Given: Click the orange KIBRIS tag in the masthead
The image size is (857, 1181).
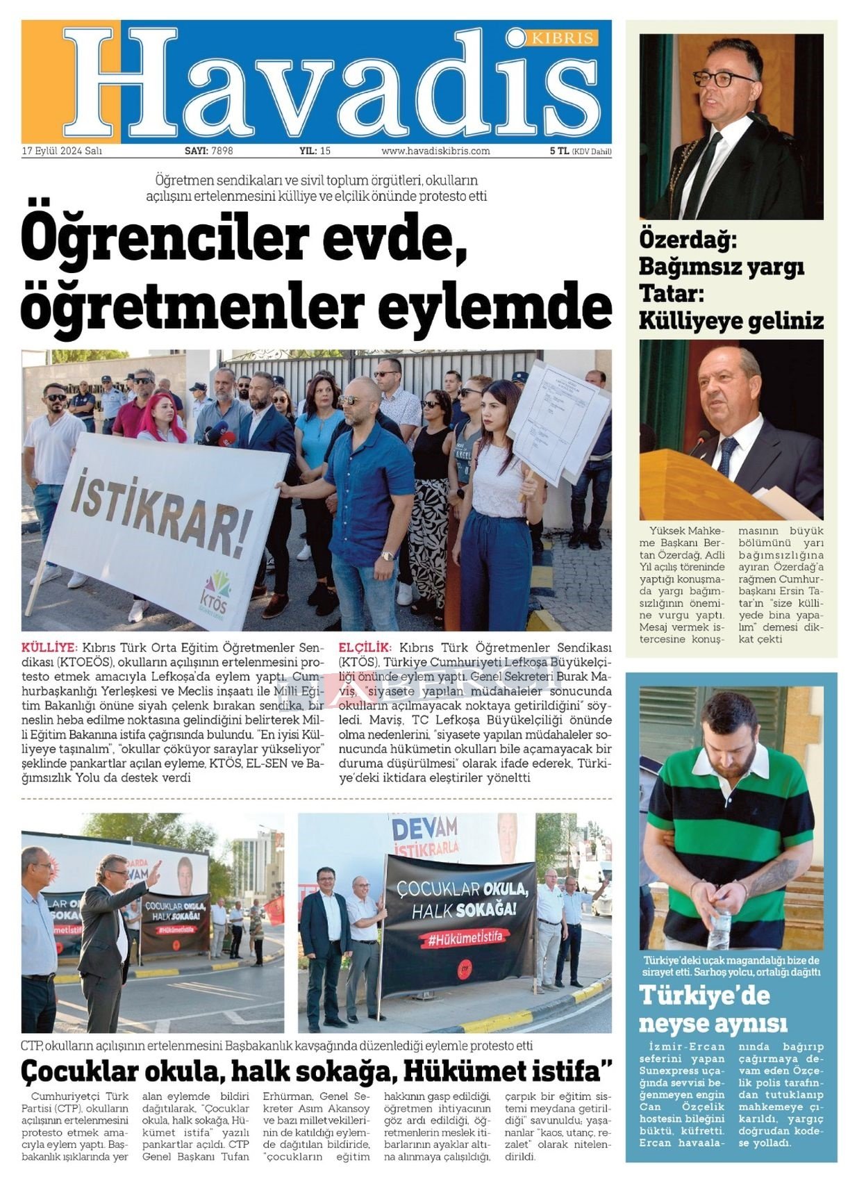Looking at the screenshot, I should tap(563, 38).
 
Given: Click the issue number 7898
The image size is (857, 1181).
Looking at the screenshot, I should tap(222, 151).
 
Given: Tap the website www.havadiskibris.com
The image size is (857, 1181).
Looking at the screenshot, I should tap(435, 151).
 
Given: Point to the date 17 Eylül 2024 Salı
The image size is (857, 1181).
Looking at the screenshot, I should tap(62, 151).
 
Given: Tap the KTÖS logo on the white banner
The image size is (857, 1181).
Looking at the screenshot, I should tap(217, 591).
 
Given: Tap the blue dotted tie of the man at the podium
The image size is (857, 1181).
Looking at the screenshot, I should tap(726, 455).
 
